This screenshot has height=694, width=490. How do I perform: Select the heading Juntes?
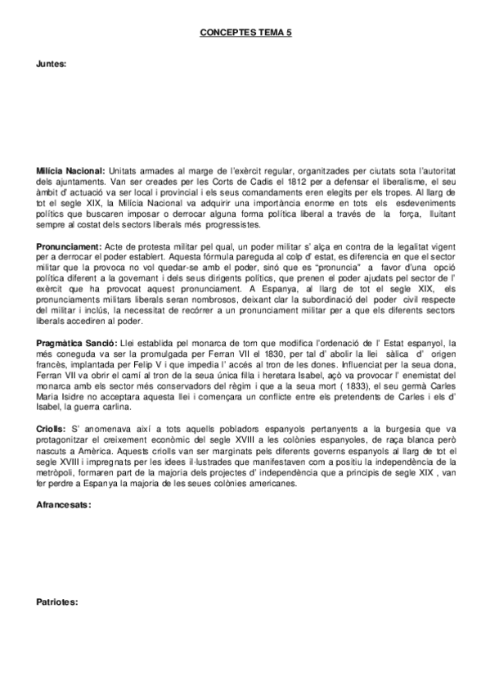point(52,62)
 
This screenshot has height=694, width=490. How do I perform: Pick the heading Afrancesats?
point(64,504)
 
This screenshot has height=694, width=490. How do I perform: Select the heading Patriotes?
point(56,602)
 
